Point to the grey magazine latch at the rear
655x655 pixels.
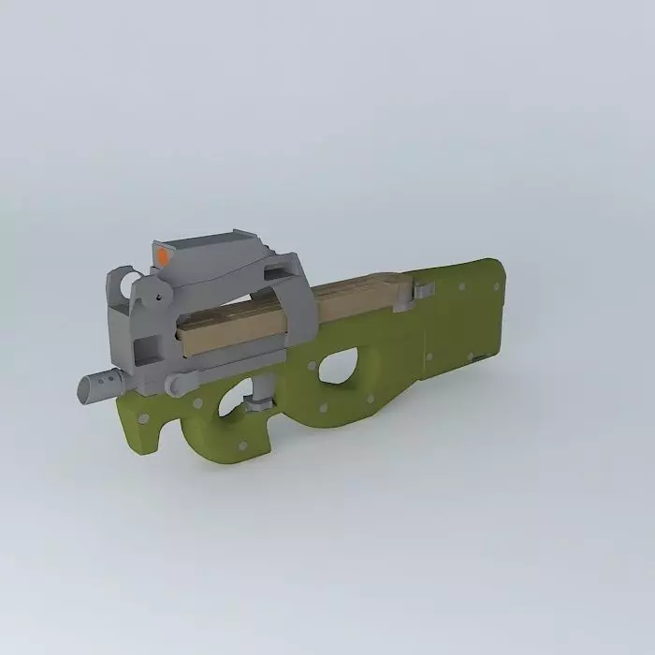(423, 291)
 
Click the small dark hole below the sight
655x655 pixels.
(160, 298)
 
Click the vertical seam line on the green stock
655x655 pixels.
(427, 337)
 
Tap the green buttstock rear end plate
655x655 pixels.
(495, 313)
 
